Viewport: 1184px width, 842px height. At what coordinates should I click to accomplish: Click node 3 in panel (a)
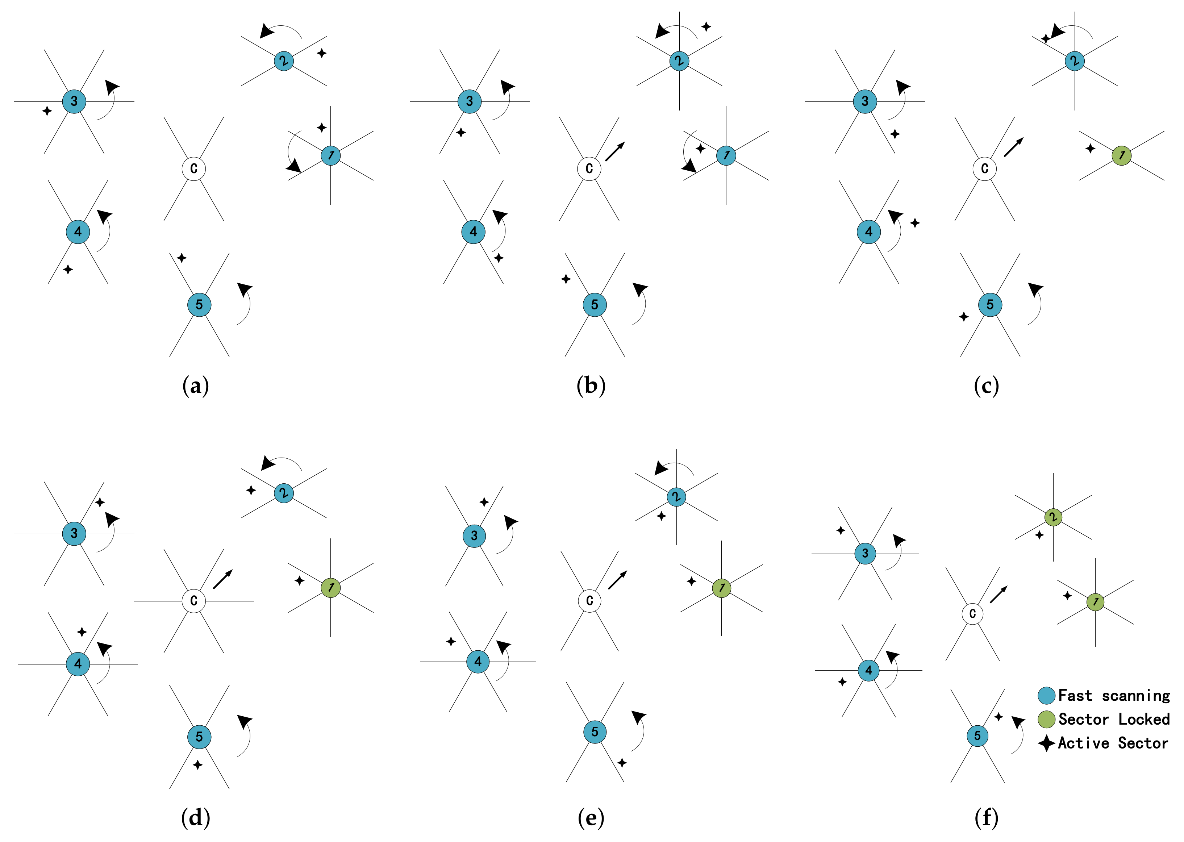tap(74, 101)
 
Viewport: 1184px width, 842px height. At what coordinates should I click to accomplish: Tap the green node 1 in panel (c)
tap(1121, 155)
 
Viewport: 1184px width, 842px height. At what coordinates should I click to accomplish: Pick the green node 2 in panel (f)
tap(1053, 517)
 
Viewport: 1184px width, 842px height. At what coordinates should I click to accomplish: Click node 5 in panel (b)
tap(595, 305)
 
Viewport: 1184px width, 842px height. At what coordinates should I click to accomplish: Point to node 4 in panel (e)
tap(478, 662)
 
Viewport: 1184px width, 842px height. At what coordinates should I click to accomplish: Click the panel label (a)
tap(195, 386)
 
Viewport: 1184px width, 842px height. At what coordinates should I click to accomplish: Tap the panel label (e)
tap(591, 818)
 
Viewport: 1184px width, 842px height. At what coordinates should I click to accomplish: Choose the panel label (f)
tap(987, 818)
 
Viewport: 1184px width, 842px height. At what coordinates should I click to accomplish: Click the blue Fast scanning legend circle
tap(1047, 696)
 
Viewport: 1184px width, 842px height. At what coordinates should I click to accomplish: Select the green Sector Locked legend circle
tap(1047, 720)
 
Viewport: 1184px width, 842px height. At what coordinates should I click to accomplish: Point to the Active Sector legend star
tap(1047, 743)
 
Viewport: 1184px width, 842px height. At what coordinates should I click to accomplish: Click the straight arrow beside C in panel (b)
tap(615, 151)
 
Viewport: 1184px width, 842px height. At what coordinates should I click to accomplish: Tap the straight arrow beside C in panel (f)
tap(999, 594)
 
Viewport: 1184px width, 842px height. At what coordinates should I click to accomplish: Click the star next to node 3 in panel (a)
tap(47, 111)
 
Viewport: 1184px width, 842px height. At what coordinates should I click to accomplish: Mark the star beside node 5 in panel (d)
tap(197, 765)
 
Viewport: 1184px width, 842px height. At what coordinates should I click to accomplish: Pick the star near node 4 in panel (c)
tap(915, 223)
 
